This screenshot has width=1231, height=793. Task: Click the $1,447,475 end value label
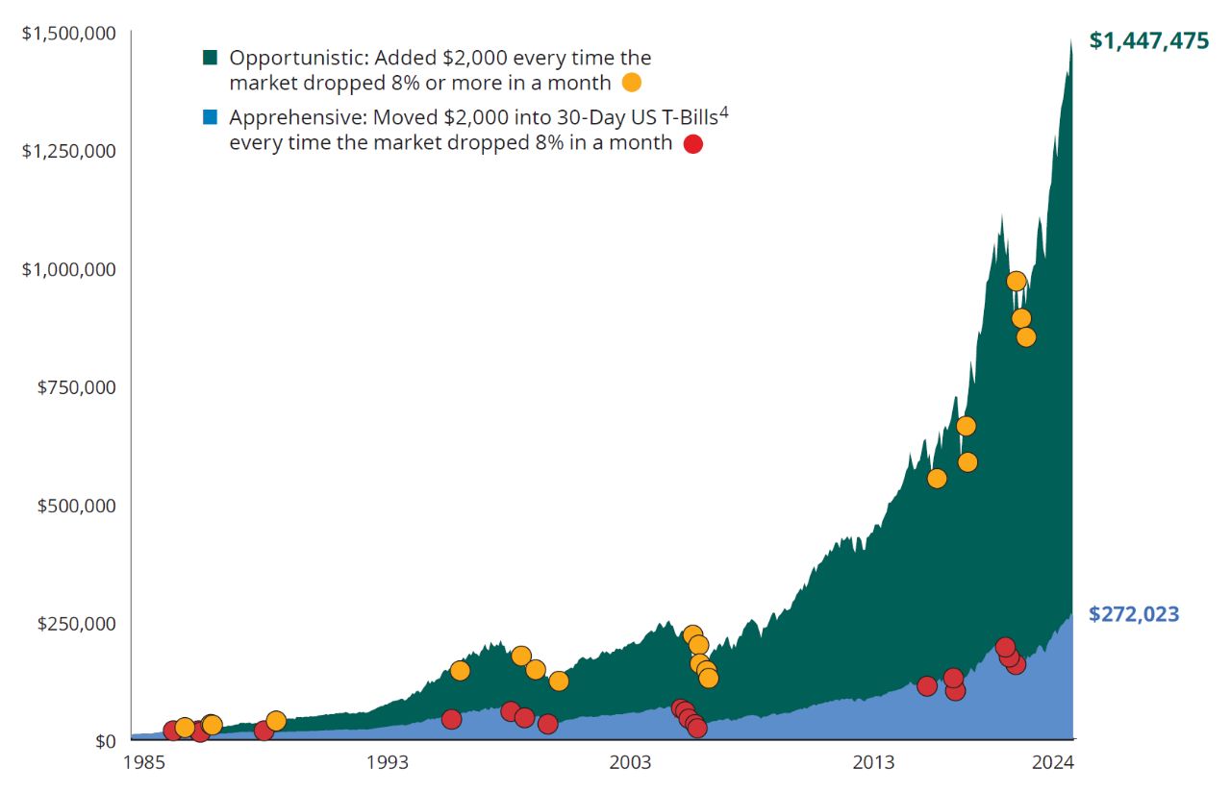coord(1148,40)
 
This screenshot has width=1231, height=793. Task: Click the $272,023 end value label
coord(1134,614)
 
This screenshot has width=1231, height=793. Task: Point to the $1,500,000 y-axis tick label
coord(69,34)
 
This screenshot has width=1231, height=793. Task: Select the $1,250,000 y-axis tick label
coord(69,151)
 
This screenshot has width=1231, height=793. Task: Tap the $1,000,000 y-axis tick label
coord(69,269)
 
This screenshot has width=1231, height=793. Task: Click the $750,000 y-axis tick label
coord(77,387)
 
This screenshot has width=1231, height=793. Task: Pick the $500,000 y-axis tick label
coord(77,506)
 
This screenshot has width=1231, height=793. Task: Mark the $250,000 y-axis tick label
coord(77,623)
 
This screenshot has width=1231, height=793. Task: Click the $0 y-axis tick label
coord(103,741)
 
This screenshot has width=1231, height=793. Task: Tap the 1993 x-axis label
coord(387,763)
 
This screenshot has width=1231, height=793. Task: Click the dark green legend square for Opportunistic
coord(211,58)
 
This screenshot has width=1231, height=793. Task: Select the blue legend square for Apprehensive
coord(211,118)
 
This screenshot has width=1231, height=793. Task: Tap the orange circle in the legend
coord(632,83)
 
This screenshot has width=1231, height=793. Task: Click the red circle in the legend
coord(692,144)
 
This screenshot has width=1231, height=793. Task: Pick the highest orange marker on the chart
coord(1016,281)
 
